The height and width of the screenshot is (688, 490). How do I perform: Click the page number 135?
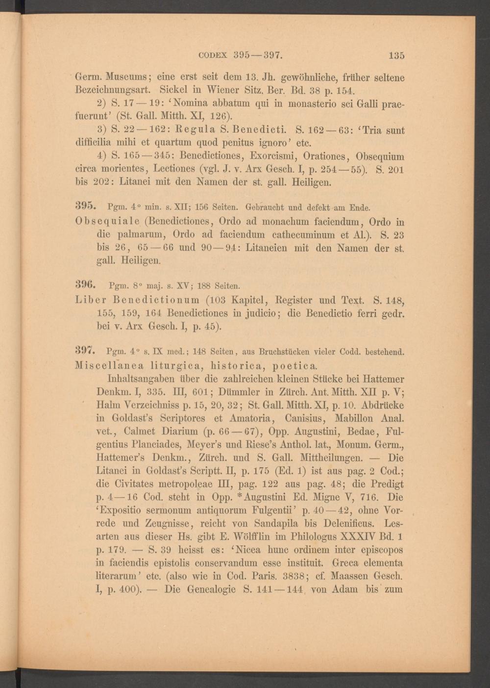point(396,55)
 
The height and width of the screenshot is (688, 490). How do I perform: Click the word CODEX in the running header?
point(213,55)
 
